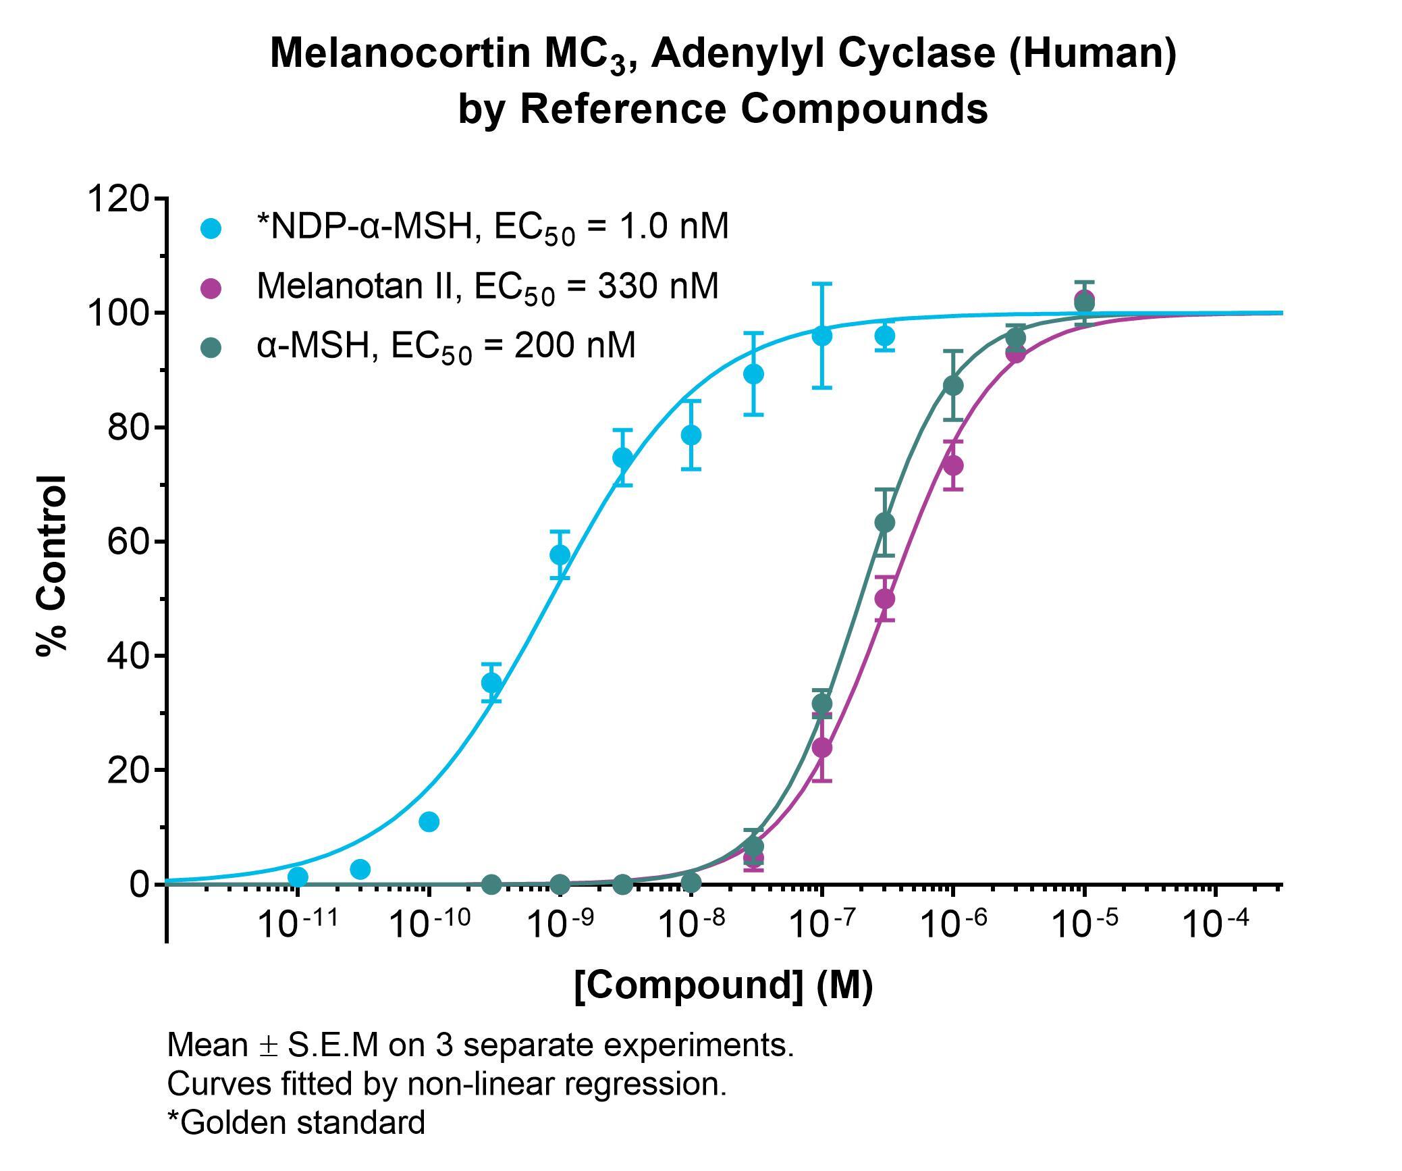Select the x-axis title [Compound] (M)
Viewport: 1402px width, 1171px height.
tap(723, 985)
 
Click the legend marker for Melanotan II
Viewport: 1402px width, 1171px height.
tap(211, 288)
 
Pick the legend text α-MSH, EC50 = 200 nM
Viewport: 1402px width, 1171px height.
tap(446, 346)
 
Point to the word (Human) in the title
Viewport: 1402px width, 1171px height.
tap(1093, 53)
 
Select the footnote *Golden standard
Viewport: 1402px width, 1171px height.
tap(296, 1122)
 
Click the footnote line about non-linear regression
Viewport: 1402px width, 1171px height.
tap(446, 1083)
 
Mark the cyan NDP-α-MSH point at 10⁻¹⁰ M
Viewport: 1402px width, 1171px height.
tap(429, 822)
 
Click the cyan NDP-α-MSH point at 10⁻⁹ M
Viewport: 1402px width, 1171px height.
tap(560, 554)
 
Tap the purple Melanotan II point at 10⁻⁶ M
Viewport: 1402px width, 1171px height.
tap(952, 465)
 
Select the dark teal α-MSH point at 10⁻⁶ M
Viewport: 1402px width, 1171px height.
tap(953, 386)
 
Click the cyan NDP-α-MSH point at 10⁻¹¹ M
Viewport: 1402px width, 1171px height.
tap(298, 877)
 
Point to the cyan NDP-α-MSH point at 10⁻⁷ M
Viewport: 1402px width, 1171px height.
tap(821, 335)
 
